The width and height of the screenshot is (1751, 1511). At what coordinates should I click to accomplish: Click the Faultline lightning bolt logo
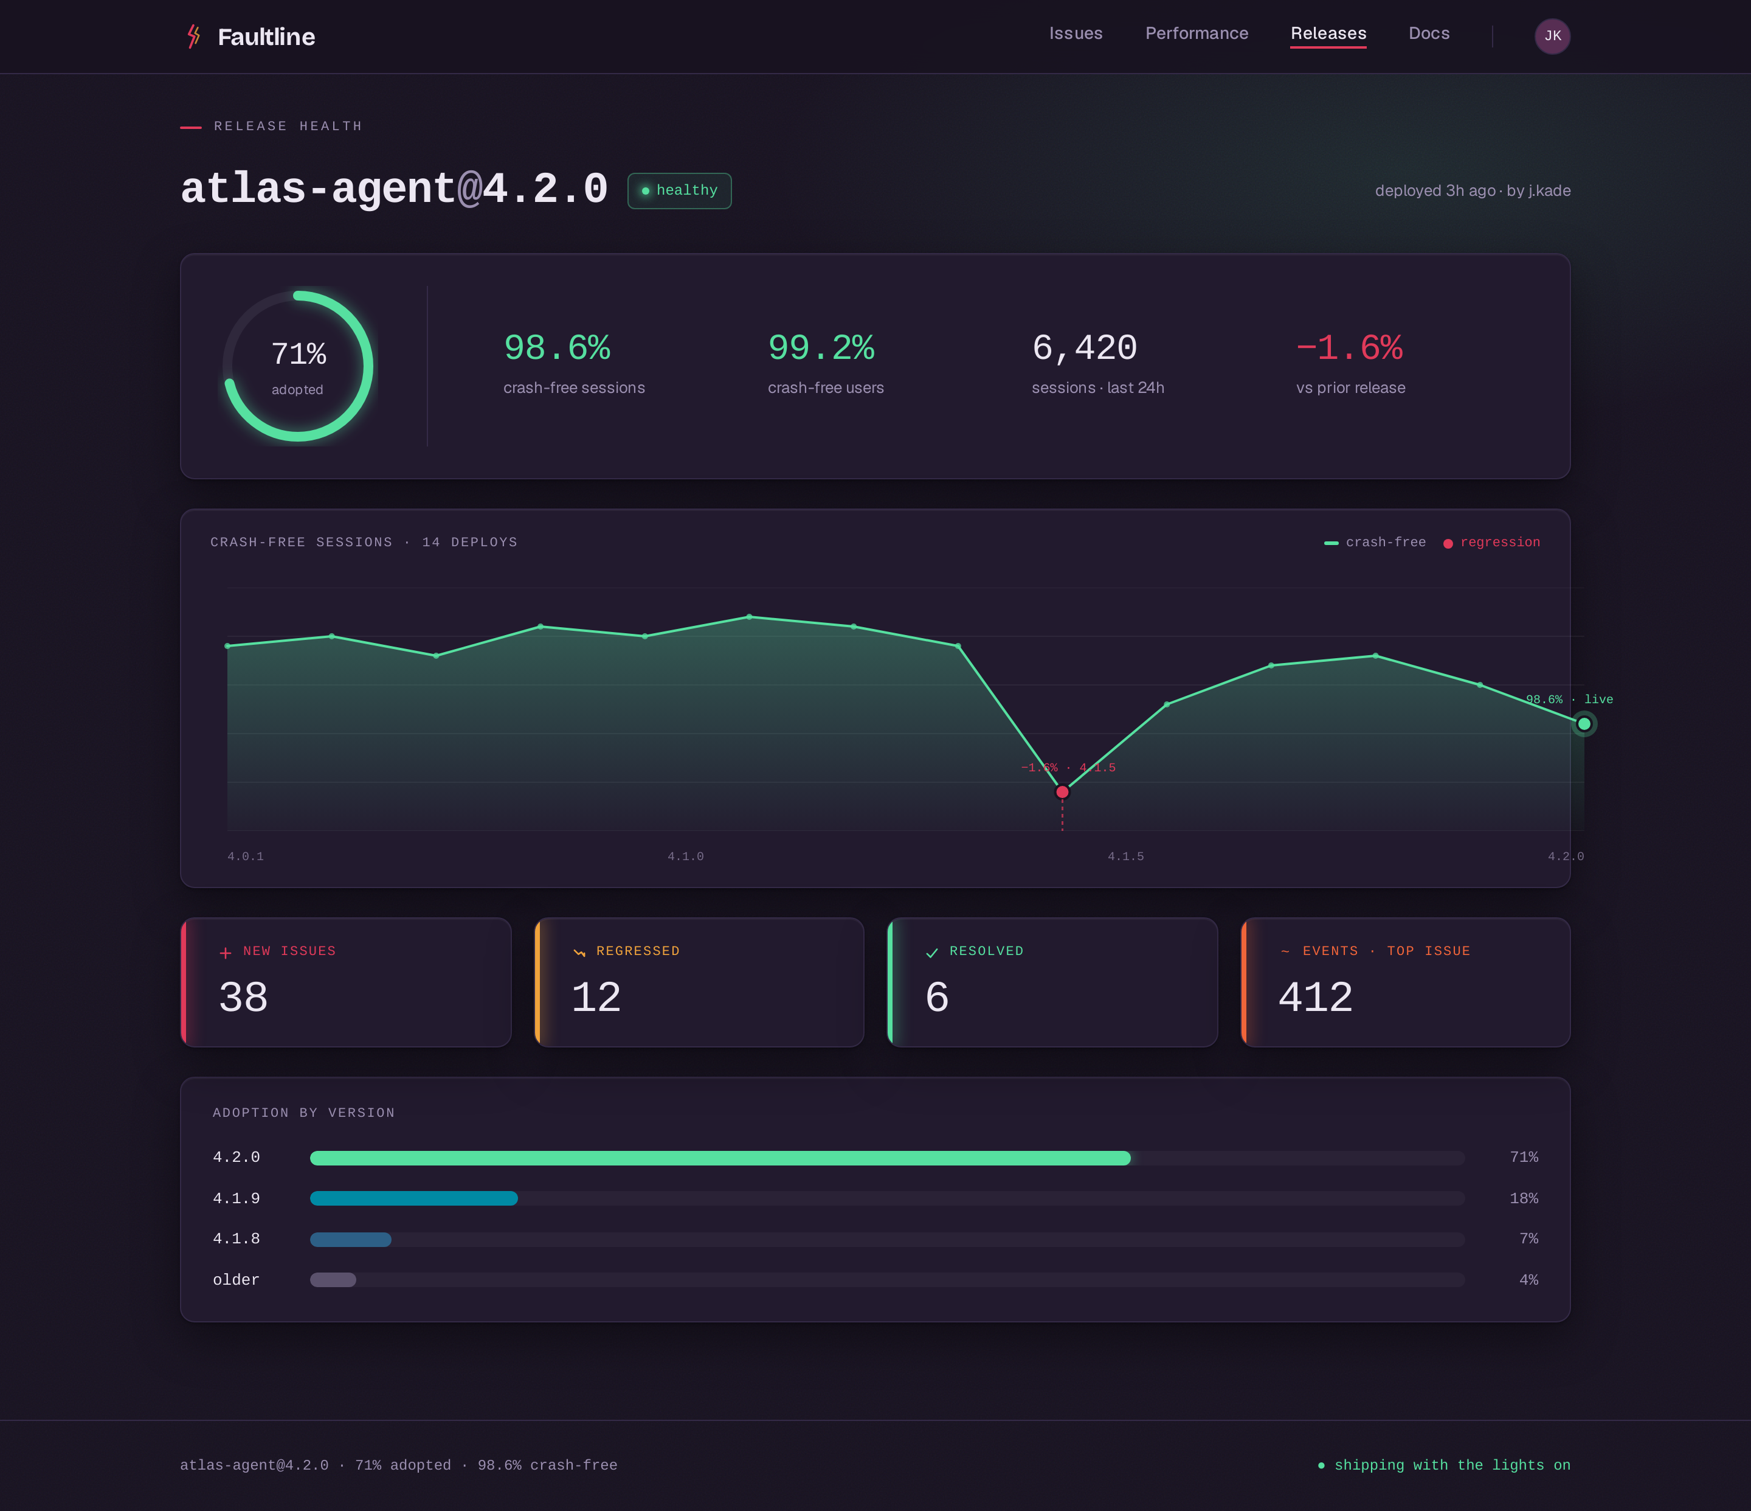[193, 36]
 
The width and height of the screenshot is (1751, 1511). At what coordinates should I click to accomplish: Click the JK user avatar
[1552, 36]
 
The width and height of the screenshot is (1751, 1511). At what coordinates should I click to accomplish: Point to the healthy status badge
[680, 190]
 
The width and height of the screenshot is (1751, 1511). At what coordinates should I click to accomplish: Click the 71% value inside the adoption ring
[299, 353]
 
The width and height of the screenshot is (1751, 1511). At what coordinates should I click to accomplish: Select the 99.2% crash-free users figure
[821, 347]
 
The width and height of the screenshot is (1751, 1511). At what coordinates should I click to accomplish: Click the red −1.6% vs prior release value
[1350, 347]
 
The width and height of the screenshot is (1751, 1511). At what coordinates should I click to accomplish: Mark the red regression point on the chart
[1062, 792]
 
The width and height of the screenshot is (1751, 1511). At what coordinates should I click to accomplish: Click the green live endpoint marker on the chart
[1584, 724]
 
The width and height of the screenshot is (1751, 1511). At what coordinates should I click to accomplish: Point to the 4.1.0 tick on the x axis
[685, 856]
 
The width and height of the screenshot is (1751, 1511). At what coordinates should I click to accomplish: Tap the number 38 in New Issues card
[243, 998]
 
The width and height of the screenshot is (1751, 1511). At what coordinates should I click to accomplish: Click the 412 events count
[1315, 998]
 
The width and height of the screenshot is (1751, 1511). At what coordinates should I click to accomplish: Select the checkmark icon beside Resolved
[932, 953]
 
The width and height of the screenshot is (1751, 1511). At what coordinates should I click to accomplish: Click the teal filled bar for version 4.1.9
[414, 1198]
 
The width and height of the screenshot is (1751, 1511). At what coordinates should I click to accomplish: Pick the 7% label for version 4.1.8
[1528, 1238]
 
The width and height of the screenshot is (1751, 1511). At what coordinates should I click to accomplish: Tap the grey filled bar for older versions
[333, 1280]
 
